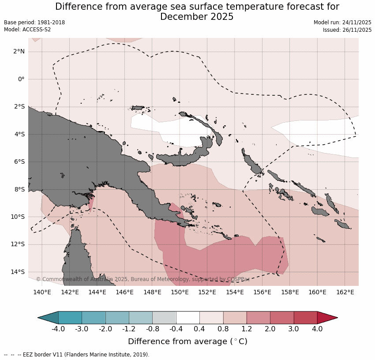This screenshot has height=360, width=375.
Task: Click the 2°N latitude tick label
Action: click(x=19, y=52)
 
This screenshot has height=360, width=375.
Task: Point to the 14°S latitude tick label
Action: click(x=18, y=272)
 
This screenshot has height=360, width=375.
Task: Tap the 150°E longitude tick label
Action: click(x=180, y=292)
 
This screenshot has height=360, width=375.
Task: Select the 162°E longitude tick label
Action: click(x=345, y=292)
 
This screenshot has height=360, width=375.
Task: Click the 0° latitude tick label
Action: click(x=21, y=79)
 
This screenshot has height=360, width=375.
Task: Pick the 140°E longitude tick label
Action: click(x=42, y=292)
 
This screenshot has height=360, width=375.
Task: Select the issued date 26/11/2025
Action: click(x=355, y=30)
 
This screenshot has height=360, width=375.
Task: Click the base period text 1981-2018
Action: click(x=50, y=22)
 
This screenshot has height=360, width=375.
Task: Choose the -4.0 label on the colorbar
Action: click(x=58, y=329)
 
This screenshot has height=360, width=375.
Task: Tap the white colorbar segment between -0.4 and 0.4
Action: click(x=188, y=318)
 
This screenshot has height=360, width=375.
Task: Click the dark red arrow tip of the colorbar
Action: click(x=327, y=318)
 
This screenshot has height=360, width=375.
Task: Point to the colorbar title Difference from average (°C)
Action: click(x=187, y=342)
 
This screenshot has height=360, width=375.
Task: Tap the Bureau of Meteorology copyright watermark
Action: click(x=142, y=279)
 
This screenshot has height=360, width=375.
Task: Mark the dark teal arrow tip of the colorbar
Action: click(x=49, y=318)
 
